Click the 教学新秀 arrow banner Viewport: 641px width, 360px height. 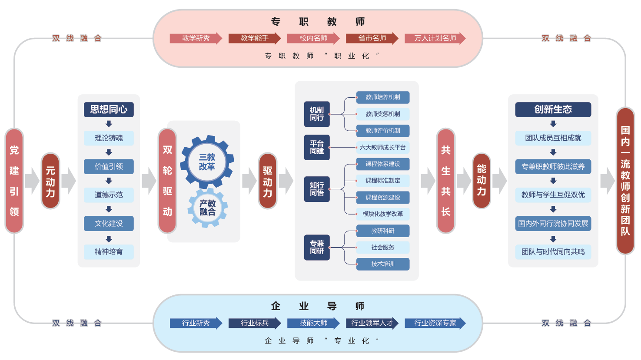pos(196,38)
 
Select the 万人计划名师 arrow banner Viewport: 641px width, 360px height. pos(435,38)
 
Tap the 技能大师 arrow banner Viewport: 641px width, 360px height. pos(313,323)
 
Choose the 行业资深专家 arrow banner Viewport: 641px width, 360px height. pos(435,323)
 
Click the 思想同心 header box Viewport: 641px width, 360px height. pos(109,109)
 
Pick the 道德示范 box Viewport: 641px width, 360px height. pos(109,195)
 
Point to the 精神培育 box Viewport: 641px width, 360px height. pos(109,252)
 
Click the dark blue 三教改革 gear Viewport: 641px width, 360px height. pos(207,162)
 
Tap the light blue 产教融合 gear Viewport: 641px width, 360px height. pos(208,208)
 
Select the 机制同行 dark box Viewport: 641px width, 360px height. pos(317,114)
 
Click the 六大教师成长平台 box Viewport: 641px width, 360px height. pos(383,148)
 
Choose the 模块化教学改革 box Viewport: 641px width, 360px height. pos(383,214)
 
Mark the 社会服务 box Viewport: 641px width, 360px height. pos(383,248)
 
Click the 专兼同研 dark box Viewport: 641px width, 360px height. pos(317,248)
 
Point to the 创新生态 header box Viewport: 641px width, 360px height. pos(553,109)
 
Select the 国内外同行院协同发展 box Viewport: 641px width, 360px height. pos(553,224)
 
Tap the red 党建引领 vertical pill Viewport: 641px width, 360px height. pos(14,181)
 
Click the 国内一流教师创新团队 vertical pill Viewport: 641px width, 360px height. pos(625,181)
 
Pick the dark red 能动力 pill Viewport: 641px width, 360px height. pos(482,181)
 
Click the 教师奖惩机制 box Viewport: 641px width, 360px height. pos(383,114)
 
